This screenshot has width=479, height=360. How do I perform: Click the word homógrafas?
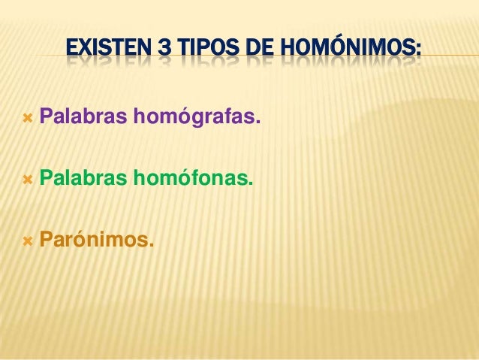click(x=195, y=118)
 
